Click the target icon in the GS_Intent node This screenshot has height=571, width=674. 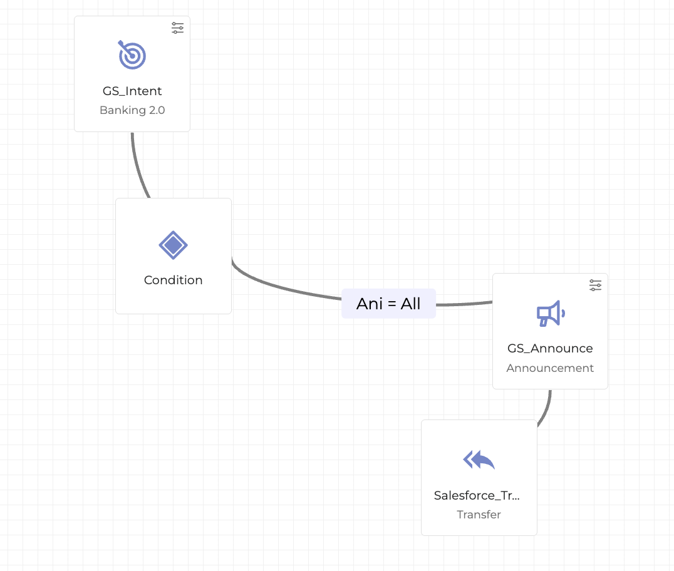point(132,55)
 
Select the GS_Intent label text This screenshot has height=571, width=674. point(132,91)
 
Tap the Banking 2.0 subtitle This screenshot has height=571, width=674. point(132,111)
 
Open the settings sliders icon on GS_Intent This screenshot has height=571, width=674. point(178,28)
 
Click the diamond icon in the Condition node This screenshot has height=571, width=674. point(173,245)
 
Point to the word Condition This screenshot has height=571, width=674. point(173,280)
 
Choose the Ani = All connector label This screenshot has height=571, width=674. point(388,304)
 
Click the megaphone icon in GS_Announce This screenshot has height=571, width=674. point(550,313)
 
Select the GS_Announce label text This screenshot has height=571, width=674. point(550,349)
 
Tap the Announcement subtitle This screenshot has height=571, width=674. point(550,368)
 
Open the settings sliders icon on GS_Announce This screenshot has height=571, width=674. point(596,285)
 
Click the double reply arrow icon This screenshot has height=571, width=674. point(479,460)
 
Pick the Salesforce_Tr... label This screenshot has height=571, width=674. point(477,496)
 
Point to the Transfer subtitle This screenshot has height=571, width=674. point(479,515)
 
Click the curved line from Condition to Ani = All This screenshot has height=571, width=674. point(282,287)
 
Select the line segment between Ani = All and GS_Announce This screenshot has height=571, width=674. point(464,304)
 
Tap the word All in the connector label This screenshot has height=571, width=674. point(411,304)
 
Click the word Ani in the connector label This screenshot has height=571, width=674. point(368,304)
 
